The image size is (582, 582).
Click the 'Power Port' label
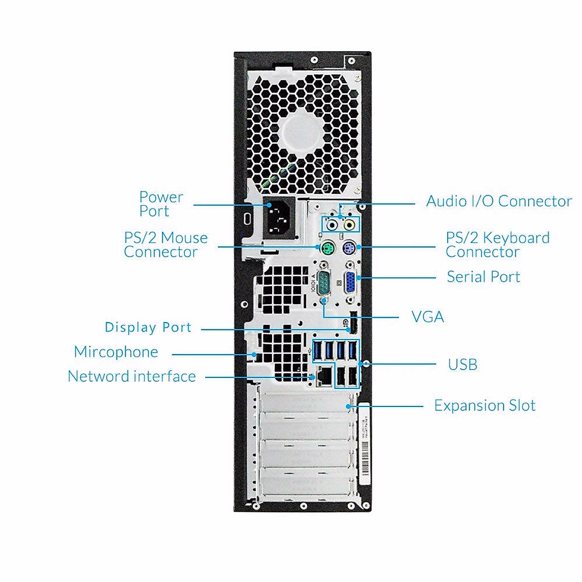[x=161, y=204]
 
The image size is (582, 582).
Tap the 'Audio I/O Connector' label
[x=499, y=201]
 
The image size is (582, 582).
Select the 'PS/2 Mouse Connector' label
[x=166, y=244]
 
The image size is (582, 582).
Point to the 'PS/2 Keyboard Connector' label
[x=498, y=244]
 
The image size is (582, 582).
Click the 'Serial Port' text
[x=483, y=276]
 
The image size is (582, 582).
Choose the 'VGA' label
[x=428, y=317]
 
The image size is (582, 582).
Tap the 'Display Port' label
[x=148, y=327]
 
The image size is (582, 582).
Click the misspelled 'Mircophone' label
[x=116, y=352]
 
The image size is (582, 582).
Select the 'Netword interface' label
[x=132, y=376]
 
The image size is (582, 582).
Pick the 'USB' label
[x=462, y=365]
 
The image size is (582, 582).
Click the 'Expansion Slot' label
[x=485, y=405]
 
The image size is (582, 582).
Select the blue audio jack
[x=332, y=225]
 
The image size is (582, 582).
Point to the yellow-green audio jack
[x=349, y=225]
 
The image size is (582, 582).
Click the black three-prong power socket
[x=279, y=218]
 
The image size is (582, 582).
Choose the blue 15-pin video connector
[x=351, y=283]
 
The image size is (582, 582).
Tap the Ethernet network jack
[x=324, y=376]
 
